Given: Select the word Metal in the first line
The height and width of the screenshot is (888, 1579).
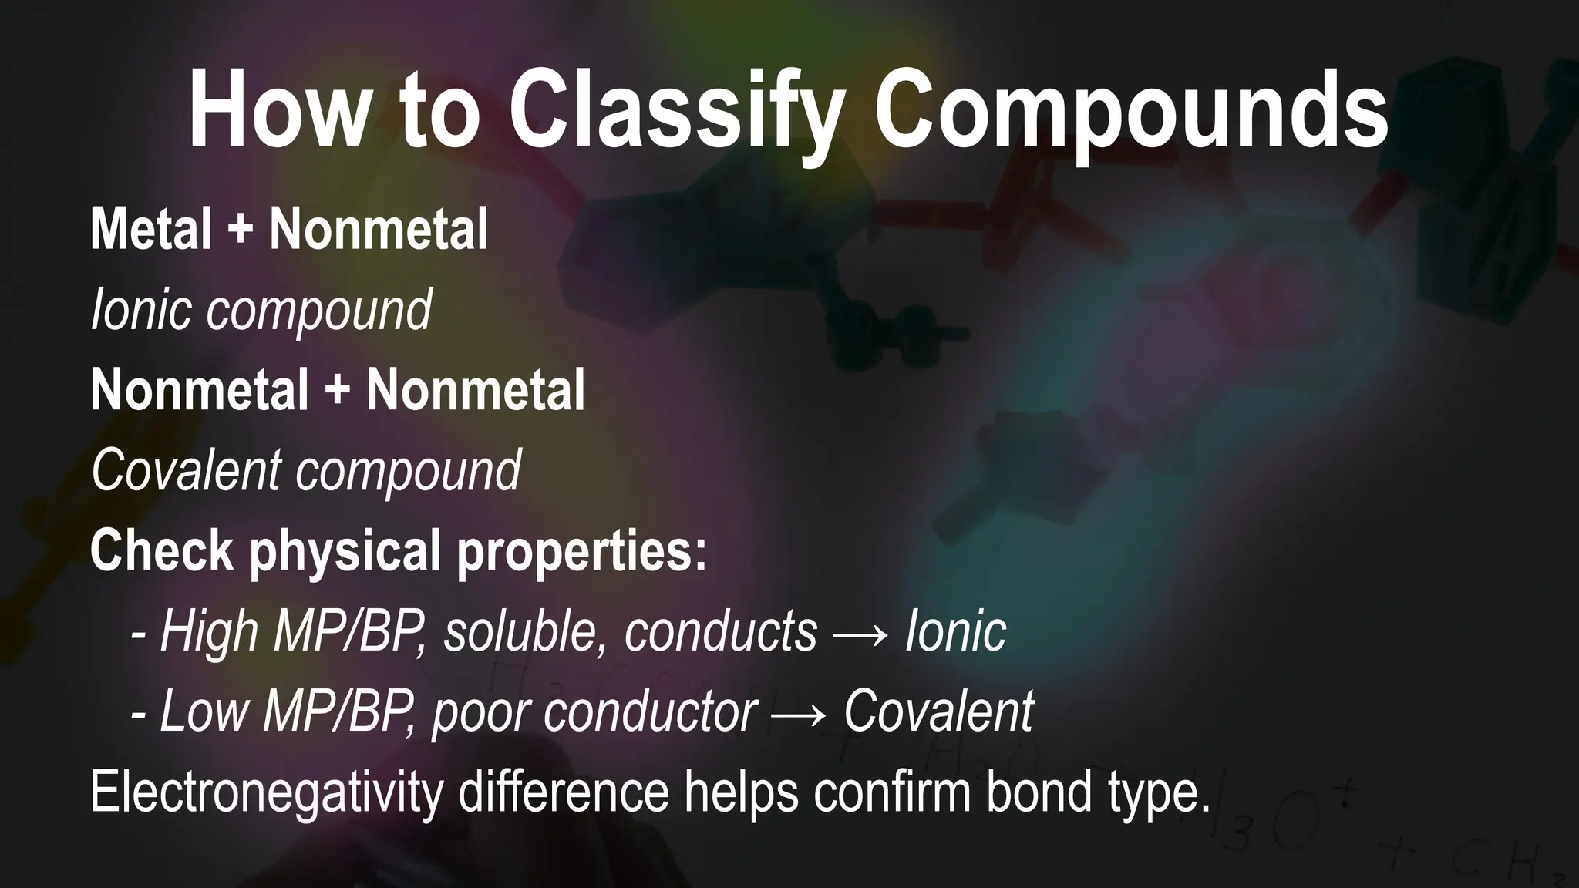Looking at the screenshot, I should [151, 229].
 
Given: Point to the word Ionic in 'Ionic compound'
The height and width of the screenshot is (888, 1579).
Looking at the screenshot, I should [140, 310].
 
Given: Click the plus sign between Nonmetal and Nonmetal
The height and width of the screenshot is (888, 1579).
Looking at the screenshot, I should [337, 391].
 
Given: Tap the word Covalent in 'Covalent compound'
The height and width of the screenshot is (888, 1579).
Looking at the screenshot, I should [186, 470].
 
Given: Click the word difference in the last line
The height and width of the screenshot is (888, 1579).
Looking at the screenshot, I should [564, 792].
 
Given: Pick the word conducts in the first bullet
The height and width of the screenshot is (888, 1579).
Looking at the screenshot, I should [720, 632].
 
